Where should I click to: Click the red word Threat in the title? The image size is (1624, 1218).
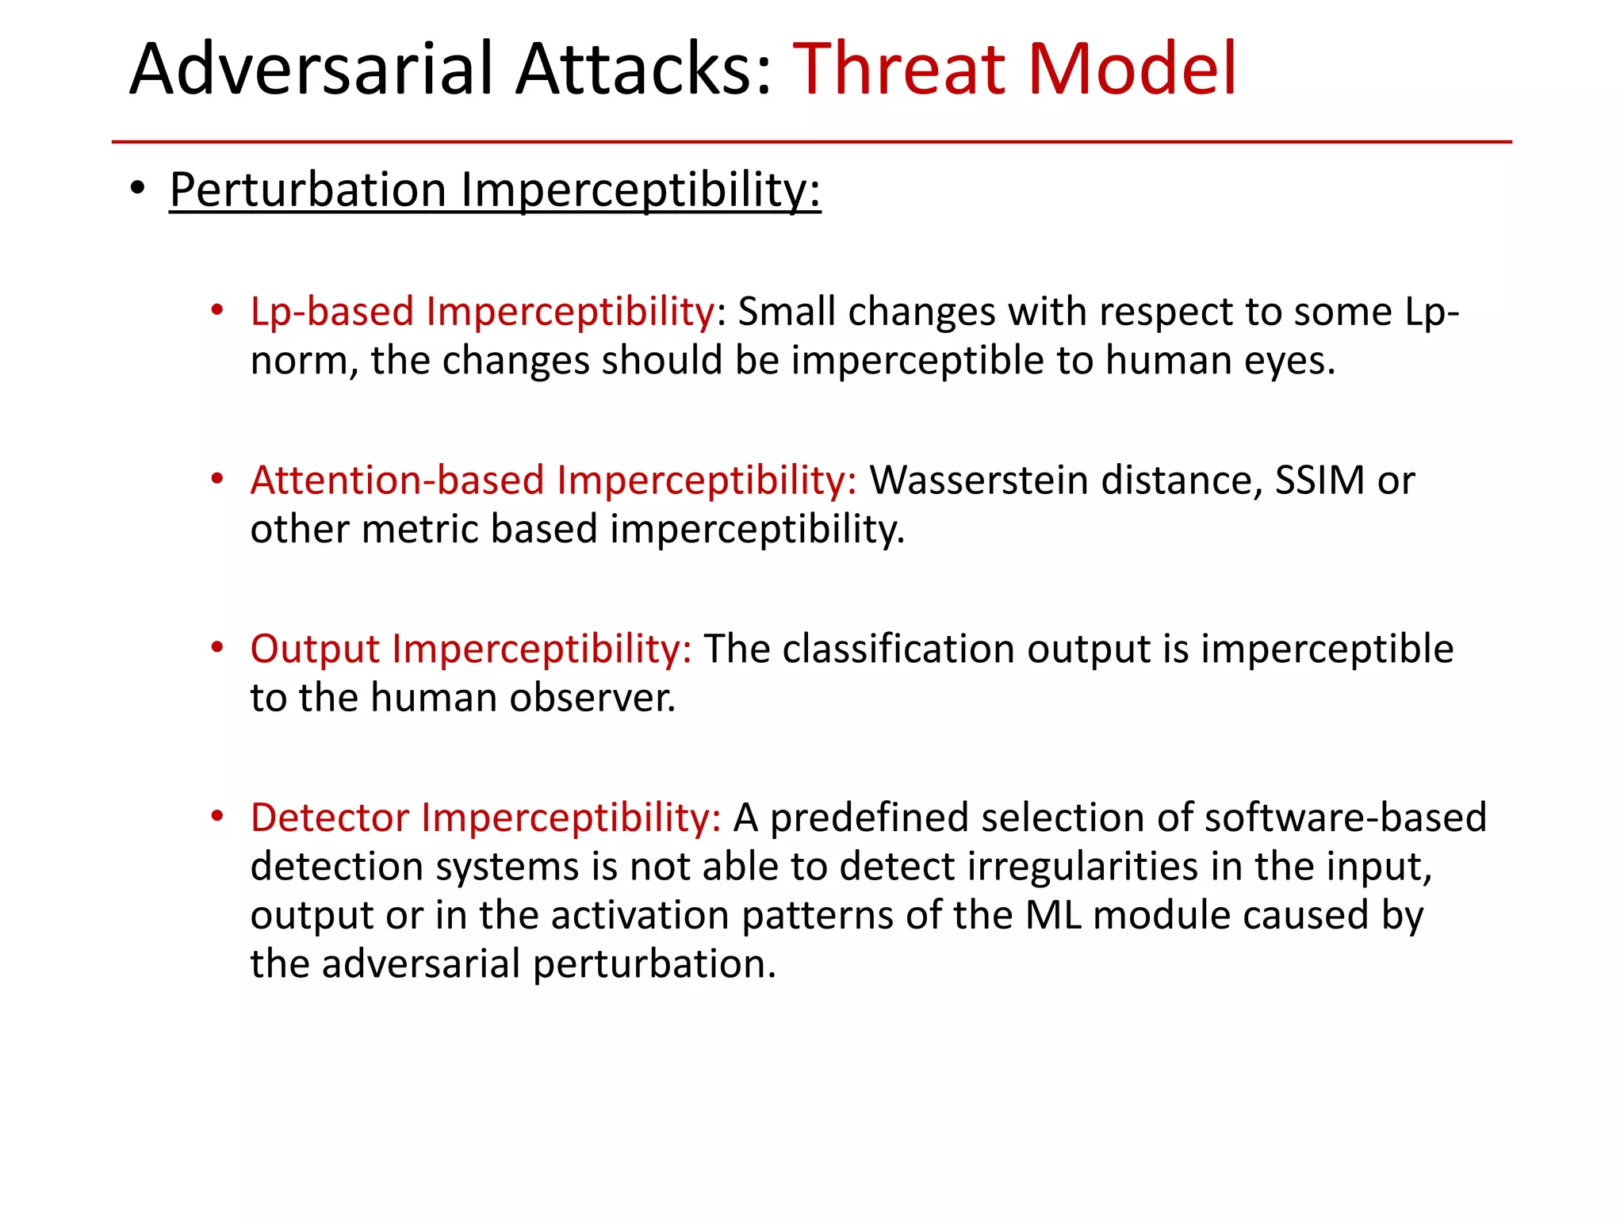pyautogui.click(x=899, y=70)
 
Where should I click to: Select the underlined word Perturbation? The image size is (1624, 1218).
pyautogui.click(x=308, y=190)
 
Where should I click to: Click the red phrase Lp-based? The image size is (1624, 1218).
pyautogui.click(x=331, y=312)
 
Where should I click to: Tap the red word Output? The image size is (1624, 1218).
pyautogui.click(x=314, y=649)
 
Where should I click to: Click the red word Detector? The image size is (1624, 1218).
pyautogui.click(x=329, y=818)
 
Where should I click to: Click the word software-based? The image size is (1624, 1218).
pyautogui.click(x=1345, y=818)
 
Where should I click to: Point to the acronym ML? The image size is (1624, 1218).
pyautogui.click(x=1053, y=915)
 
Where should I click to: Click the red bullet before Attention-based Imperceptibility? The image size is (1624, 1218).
pyautogui.click(x=217, y=479)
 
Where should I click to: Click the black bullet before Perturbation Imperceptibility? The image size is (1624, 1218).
pyautogui.click(x=138, y=189)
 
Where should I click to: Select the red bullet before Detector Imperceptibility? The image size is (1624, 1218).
pyautogui.click(x=217, y=816)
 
